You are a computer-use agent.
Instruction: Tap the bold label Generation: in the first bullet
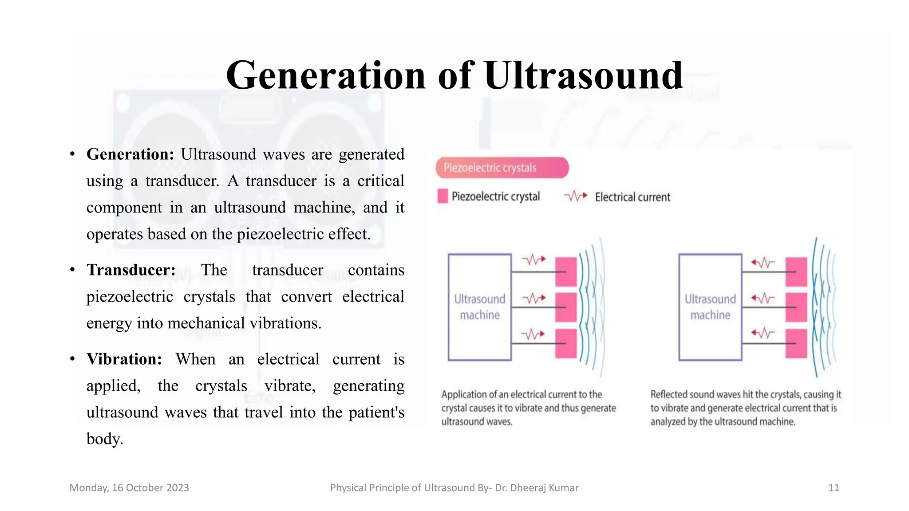pyautogui.click(x=130, y=154)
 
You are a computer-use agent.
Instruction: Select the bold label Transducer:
pyautogui.click(x=131, y=270)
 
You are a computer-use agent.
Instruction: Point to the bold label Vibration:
pyautogui.click(x=124, y=359)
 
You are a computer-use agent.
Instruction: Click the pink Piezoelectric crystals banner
pyautogui.click(x=502, y=168)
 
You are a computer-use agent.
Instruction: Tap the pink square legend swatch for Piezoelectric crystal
pyautogui.click(x=443, y=196)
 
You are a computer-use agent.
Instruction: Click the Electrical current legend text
pyautogui.click(x=632, y=197)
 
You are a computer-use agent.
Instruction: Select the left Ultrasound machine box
pyautogui.click(x=479, y=307)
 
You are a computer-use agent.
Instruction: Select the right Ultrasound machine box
pyautogui.click(x=710, y=307)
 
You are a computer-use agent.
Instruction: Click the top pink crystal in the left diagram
pyautogui.click(x=566, y=271)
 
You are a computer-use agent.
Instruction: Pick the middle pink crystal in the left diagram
pyautogui.click(x=566, y=307)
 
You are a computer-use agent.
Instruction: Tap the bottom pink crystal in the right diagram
pyautogui.click(x=796, y=343)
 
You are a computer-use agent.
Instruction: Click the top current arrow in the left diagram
pyautogui.click(x=534, y=259)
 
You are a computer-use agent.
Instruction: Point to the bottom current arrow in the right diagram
pyautogui.click(x=763, y=333)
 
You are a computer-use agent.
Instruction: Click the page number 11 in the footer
pyautogui.click(x=834, y=488)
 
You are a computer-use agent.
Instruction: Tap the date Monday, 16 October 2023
pyautogui.click(x=129, y=488)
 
